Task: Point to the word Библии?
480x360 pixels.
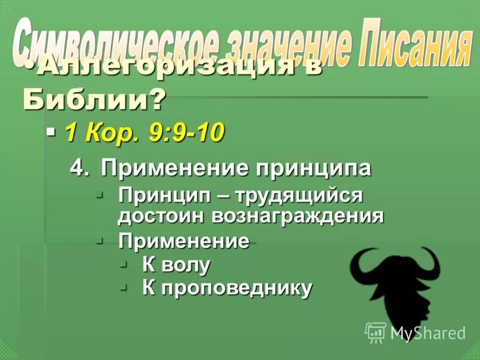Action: point(93,100)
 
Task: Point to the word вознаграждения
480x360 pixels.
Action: point(297,216)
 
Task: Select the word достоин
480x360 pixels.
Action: point(161,216)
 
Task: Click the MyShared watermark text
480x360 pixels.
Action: point(428,332)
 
